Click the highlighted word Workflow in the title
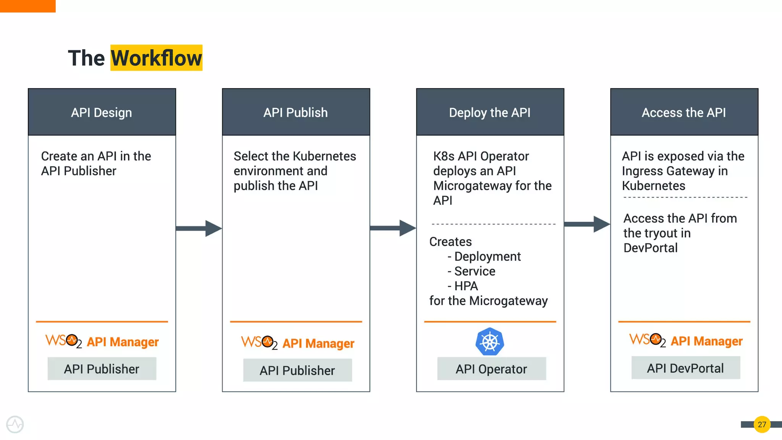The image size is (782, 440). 156,58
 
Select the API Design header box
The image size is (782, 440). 102,112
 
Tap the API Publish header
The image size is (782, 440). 296,112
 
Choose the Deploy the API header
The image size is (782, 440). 490,112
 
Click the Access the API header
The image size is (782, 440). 684,112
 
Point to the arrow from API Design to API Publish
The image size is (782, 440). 199,228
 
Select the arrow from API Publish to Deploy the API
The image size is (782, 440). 393,228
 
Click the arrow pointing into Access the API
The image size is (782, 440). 587,224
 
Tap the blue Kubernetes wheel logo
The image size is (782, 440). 490,341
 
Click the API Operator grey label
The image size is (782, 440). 491,369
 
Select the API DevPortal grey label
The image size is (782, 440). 685,368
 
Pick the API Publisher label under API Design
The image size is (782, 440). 102,369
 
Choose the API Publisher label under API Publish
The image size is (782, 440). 297,370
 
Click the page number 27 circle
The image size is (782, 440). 762,424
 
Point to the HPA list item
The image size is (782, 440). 466,286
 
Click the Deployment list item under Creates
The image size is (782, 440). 487,256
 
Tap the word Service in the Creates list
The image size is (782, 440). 475,271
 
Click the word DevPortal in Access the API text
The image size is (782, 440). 650,248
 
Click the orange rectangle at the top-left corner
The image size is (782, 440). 27,6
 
